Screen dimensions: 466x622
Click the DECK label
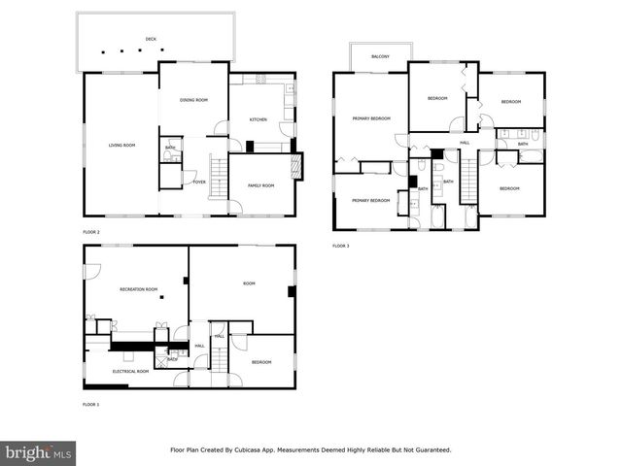[x=151, y=39]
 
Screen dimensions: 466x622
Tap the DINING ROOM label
[x=193, y=100]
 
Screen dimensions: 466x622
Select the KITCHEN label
[x=258, y=119]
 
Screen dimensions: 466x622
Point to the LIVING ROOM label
[x=121, y=145]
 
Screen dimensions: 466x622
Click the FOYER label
[x=198, y=182]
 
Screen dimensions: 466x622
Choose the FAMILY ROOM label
[x=260, y=185]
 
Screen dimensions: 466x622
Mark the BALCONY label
[x=381, y=57]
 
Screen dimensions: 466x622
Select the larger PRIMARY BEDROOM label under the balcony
[x=371, y=118]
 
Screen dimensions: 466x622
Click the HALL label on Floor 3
[x=465, y=143]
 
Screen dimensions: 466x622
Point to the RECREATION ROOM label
[x=138, y=289]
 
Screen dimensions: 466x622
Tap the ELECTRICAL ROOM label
[x=130, y=371]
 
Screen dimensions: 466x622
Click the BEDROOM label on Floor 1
[x=261, y=362]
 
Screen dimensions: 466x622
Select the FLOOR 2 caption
[x=91, y=233]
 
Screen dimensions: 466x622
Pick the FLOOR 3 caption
[x=340, y=247]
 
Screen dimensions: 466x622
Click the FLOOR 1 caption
[x=90, y=404]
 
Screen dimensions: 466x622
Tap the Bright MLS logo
[x=39, y=452]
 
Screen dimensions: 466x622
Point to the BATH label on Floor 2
[x=170, y=148]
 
